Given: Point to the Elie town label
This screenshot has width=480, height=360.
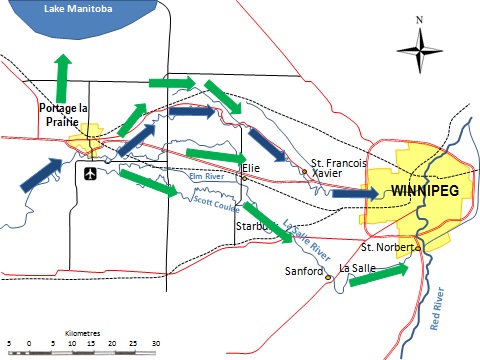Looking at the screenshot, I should (250, 169).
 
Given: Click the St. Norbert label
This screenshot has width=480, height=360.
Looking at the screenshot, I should (383, 247).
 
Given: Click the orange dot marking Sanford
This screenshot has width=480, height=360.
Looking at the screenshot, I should (327, 278).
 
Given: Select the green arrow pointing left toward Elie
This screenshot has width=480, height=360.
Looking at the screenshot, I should (213, 154).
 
